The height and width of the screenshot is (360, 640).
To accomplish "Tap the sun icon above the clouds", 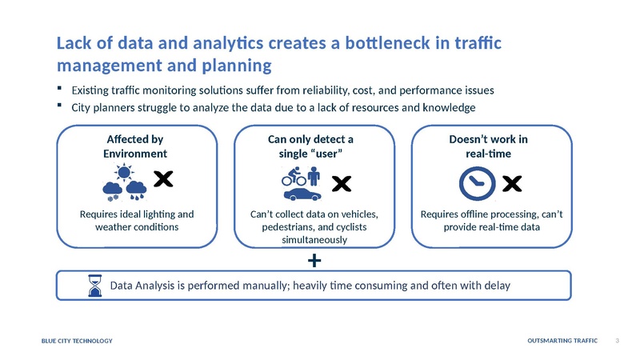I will pyautogui.click(x=123, y=172).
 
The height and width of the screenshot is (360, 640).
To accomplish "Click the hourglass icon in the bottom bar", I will pyautogui.click(x=95, y=286).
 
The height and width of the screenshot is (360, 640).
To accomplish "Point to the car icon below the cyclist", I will pyautogui.click(x=303, y=194).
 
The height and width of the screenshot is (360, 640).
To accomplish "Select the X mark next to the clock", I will pyautogui.click(x=512, y=184).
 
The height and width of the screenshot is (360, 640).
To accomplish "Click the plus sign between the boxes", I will pyautogui.click(x=314, y=261).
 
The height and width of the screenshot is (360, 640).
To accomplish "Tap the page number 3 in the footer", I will pyautogui.click(x=618, y=342).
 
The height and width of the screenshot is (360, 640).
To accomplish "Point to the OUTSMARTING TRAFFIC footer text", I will pyautogui.click(x=563, y=342).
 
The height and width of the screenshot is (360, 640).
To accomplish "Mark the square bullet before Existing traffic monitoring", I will pyautogui.click(x=61, y=88).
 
